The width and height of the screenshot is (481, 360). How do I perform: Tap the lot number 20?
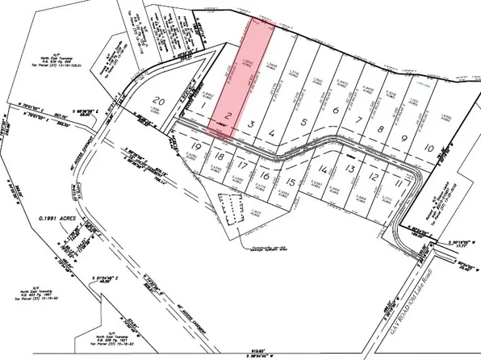coord(160,101)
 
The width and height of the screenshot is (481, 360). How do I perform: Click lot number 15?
coord(291,182)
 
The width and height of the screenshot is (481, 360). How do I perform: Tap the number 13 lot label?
coord(349,169)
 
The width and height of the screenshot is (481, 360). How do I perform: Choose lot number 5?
coord(303,123)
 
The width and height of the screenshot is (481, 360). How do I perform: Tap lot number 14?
coord(324,170)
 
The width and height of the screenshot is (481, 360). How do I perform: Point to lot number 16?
coord(265,176)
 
